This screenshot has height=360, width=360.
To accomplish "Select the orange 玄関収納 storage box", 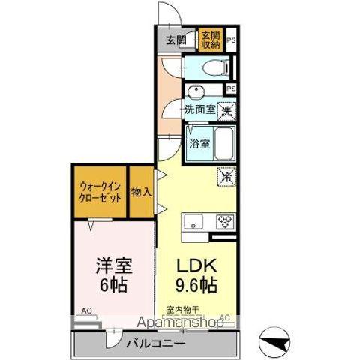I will (210, 39).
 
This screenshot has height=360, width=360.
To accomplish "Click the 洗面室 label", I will (200, 109).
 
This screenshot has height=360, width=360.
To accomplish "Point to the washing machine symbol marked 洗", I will (225, 109).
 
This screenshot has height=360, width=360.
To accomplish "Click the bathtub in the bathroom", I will (225, 142).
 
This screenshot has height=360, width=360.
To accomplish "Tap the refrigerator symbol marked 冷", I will (224, 177).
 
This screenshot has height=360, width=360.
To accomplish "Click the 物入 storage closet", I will (141, 193).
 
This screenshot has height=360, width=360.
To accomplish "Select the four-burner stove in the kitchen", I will (226, 220).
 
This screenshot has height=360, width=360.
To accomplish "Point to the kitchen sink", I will (193, 220).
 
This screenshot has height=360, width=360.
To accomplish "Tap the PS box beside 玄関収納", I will (231, 40).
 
